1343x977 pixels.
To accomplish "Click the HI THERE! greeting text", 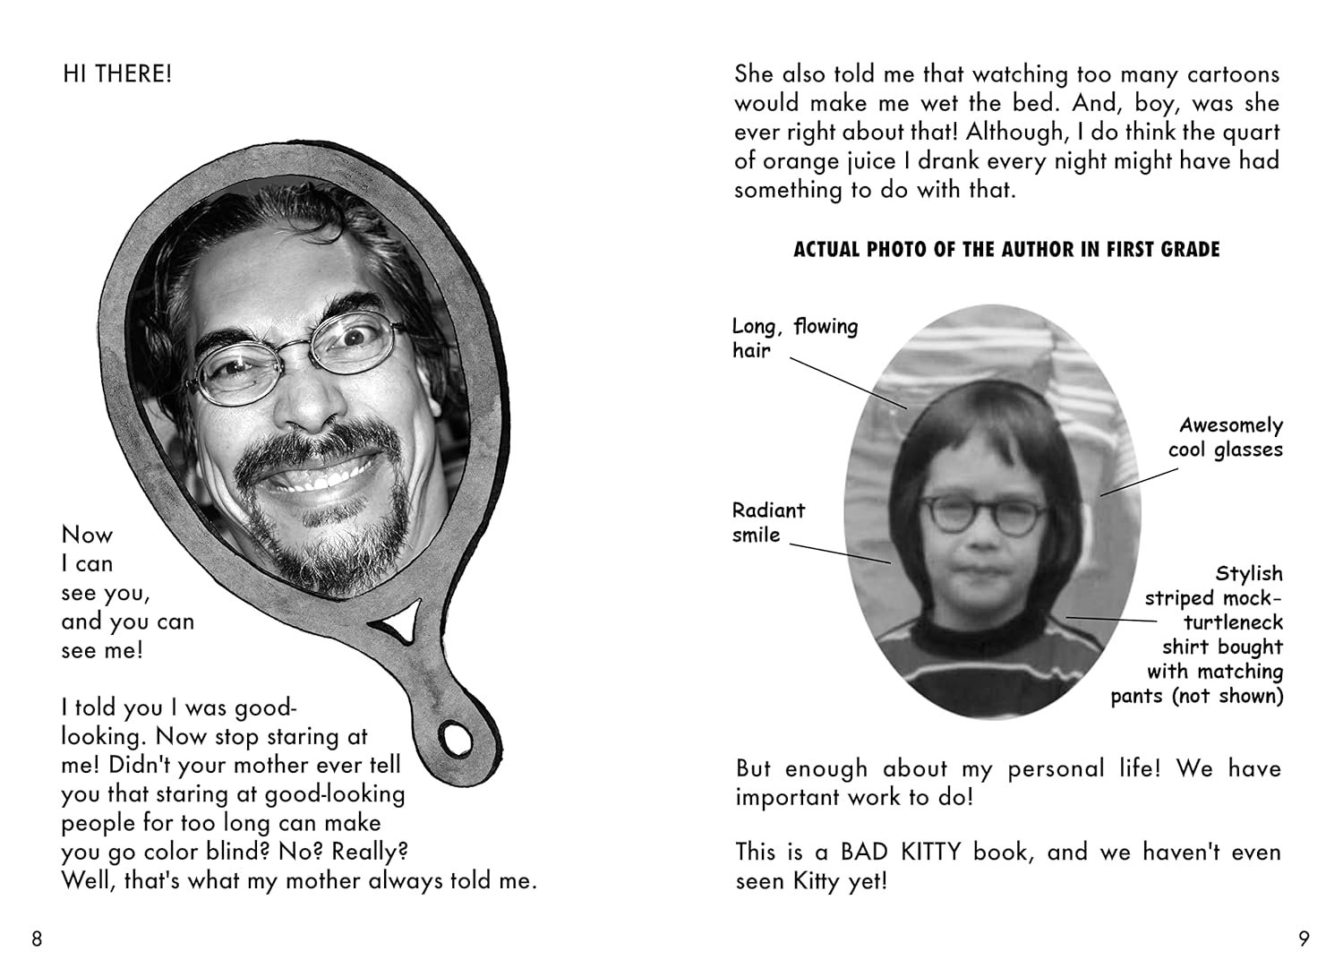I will pyautogui.click(x=116, y=73).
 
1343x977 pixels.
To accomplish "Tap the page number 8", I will pyautogui.click(x=37, y=938).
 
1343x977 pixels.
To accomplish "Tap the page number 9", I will pyautogui.click(x=1304, y=938).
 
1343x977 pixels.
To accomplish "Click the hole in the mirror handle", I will pyautogui.click(x=456, y=739).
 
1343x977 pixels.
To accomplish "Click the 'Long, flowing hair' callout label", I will pyautogui.click(x=794, y=338).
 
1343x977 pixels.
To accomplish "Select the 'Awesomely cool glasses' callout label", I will pyautogui.click(x=1226, y=437).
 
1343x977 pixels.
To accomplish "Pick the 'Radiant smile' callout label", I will pyautogui.click(x=768, y=522).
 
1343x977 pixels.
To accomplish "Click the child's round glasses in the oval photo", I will pyautogui.click(x=985, y=514).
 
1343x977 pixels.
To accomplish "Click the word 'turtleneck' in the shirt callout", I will pyautogui.click(x=1233, y=622).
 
